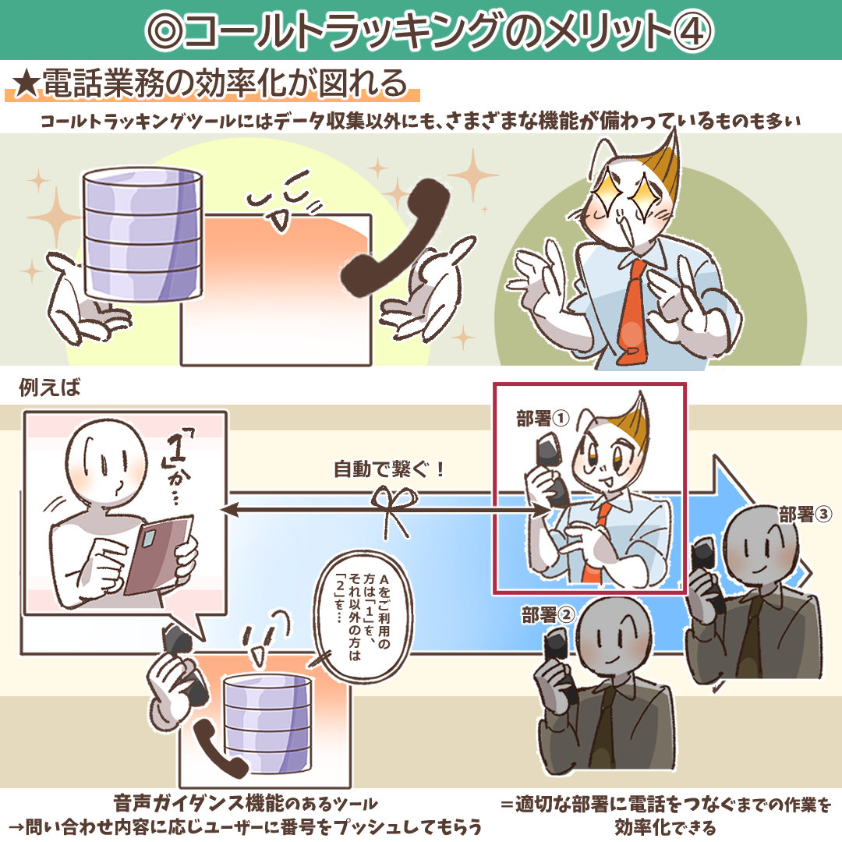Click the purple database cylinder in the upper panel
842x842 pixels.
143,234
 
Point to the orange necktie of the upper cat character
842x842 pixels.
631,311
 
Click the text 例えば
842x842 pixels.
49,387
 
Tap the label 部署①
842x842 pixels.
543,419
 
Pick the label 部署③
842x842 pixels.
805,515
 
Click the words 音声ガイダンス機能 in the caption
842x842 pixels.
199,804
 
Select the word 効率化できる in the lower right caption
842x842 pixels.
665,827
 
